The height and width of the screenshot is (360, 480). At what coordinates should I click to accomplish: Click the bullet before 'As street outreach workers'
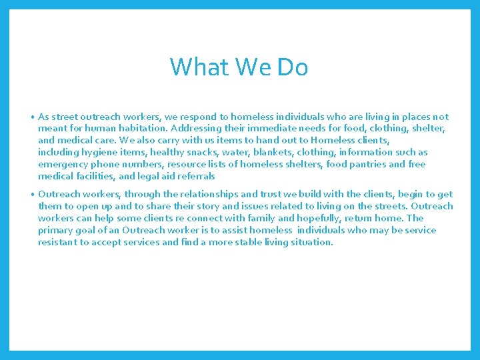[32, 117]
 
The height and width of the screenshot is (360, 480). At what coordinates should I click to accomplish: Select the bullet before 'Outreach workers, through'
[32, 195]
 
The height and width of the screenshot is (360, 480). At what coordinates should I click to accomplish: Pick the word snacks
[198, 152]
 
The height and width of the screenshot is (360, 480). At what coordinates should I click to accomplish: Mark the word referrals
[193, 176]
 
